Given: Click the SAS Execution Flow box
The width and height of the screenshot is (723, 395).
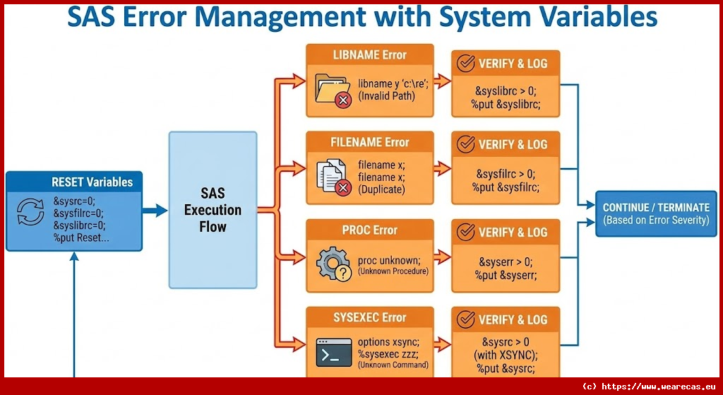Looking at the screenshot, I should tap(213, 209).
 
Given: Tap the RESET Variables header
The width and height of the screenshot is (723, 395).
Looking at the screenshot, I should tap(92, 182).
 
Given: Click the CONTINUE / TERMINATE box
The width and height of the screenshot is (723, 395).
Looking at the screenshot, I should tap(656, 213).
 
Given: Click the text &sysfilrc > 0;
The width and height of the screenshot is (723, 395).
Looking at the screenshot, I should tap(505, 173).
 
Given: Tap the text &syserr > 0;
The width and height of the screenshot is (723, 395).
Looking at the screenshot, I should tap(505, 261).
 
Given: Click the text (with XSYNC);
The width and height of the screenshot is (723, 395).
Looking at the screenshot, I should tap(506, 355).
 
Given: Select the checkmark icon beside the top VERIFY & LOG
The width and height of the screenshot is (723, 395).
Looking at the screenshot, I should tap(465, 64).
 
